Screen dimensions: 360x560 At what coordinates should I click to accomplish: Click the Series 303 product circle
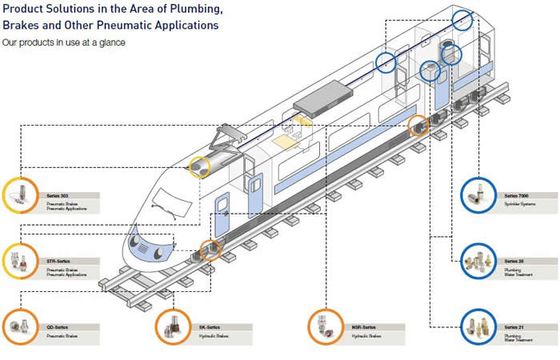click(19, 195)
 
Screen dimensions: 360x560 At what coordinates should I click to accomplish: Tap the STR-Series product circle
click(19, 261)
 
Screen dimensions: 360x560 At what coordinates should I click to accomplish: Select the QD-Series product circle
click(19, 326)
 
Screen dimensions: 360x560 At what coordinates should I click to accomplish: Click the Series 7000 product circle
click(479, 195)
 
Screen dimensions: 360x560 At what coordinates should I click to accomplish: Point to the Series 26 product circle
click(479, 261)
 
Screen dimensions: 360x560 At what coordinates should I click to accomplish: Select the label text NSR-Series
click(364, 326)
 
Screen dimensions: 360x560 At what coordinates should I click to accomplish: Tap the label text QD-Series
click(58, 326)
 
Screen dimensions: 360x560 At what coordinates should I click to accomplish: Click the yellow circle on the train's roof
click(199, 166)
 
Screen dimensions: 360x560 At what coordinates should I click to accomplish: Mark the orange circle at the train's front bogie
click(210, 250)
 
